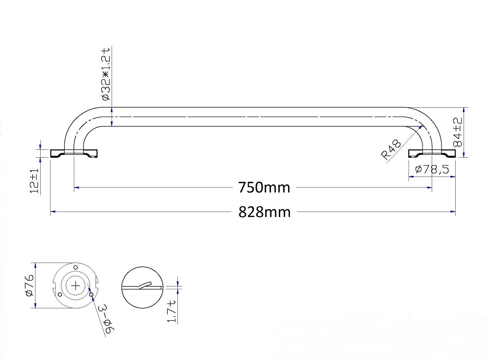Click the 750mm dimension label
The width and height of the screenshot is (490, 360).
264,188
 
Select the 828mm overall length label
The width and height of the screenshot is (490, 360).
264,212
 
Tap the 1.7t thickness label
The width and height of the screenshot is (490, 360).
171,312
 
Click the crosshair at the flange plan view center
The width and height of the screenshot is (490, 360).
75,285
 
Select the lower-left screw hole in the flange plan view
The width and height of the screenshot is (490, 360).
59,295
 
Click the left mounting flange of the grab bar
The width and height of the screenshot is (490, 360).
75,153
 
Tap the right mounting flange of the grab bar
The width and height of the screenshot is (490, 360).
432,153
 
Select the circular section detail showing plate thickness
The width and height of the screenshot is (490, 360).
142,288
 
